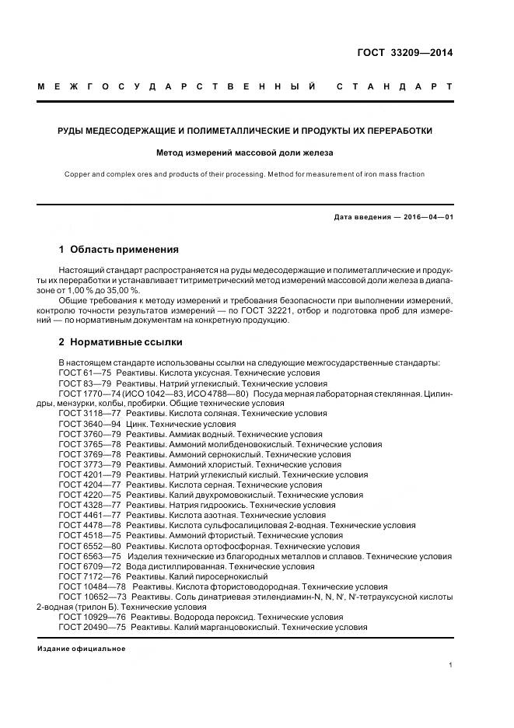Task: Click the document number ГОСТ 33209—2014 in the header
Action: coord(404,53)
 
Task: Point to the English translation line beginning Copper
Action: coord(245,174)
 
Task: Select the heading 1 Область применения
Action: coord(119,250)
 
